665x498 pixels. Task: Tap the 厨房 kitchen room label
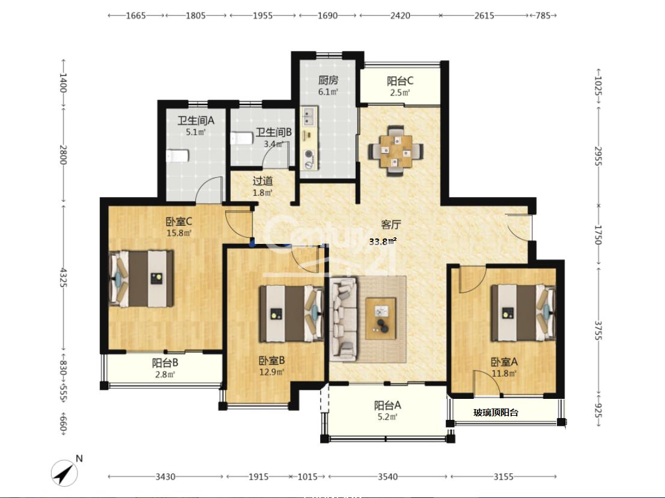click(x=328, y=80)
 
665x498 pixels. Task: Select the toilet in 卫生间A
click(x=177, y=155)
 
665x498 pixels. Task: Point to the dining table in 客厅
click(x=396, y=151)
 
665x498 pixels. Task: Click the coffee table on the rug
click(x=381, y=318)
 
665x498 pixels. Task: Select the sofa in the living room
click(x=344, y=318)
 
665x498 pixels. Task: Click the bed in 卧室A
click(x=523, y=312)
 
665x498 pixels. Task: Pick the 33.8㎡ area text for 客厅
click(x=383, y=241)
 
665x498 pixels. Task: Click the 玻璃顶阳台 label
click(x=496, y=412)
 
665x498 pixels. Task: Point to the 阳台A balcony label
click(x=387, y=405)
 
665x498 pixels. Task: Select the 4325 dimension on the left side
click(x=62, y=277)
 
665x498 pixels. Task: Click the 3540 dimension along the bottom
click(x=387, y=476)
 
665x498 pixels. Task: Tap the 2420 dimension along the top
click(x=400, y=16)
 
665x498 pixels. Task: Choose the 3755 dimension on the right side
click(x=598, y=330)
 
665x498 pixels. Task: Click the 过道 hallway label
click(x=263, y=181)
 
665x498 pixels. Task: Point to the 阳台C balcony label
click(x=400, y=80)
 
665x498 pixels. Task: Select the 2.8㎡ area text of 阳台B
click(x=165, y=375)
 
